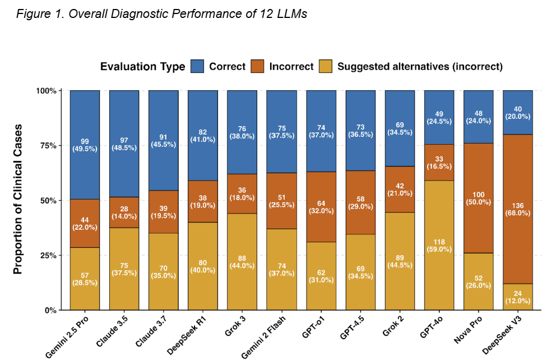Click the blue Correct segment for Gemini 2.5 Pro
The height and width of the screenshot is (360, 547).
[x=85, y=143]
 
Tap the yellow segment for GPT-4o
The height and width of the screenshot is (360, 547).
[x=439, y=244]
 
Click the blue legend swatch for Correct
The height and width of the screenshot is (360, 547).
[x=197, y=66]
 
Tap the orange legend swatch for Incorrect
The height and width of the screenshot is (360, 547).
[x=258, y=66]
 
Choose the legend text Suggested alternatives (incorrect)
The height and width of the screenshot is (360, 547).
[x=419, y=66]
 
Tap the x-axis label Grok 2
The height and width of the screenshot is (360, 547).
[x=393, y=328]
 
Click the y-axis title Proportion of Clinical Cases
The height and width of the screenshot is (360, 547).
[x=17, y=199]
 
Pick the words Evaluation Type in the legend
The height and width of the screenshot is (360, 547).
[x=142, y=67]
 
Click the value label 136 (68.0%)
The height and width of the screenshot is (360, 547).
[x=517, y=209]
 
